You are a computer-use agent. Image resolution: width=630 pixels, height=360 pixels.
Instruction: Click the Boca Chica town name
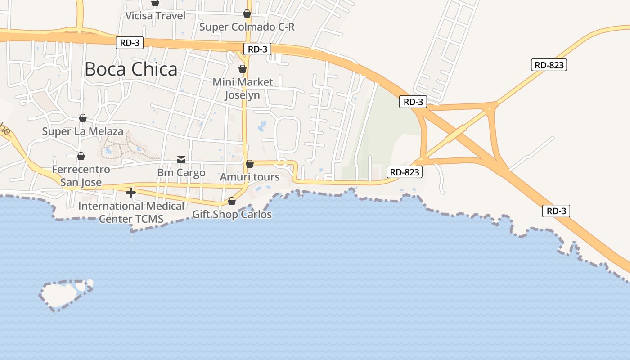pyautogui.click(x=131, y=69)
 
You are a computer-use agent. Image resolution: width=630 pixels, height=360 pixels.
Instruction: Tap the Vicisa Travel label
pyautogui.click(x=155, y=16)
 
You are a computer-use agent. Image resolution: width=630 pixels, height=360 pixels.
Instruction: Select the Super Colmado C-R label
pyautogui.click(x=247, y=27)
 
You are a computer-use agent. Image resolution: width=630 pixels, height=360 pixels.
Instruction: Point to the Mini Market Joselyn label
pyautogui.click(x=243, y=89)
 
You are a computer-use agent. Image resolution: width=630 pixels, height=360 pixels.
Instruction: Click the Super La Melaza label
pyautogui.click(x=82, y=131)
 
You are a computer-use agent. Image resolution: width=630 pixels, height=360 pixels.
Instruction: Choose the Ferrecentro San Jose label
pyautogui.click(x=81, y=176)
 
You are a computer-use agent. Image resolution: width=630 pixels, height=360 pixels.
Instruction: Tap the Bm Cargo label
pyautogui.click(x=181, y=173)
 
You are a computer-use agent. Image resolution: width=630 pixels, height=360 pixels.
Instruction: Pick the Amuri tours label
pyautogui.click(x=250, y=177)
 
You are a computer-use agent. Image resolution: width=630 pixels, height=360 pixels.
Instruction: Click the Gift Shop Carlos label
pyautogui.click(x=232, y=214)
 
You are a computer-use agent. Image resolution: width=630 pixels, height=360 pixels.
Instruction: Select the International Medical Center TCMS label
pyautogui.click(x=131, y=212)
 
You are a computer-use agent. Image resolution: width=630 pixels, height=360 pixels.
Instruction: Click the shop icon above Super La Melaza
pyautogui.click(x=83, y=118)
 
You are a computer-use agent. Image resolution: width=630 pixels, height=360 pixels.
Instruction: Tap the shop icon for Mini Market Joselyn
pyautogui.click(x=243, y=69)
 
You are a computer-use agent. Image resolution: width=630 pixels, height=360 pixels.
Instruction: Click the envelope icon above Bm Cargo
pyautogui.click(x=181, y=159)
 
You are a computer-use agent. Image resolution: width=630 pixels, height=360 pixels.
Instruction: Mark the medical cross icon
pyautogui.click(x=131, y=193)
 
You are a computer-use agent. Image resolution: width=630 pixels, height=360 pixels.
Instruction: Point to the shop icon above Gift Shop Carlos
pyautogui.click(x=232, y=201)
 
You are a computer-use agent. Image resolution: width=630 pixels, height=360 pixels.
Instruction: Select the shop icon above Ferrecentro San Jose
pyautogui.click(x=81, y=156)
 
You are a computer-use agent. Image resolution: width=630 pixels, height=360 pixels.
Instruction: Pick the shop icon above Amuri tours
pyautogui.click(x=250, y=164)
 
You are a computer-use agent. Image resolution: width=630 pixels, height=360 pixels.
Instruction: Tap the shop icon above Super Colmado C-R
pyautogui.click(x=247, y=13)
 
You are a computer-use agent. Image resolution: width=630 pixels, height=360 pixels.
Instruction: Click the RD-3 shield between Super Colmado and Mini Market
pyautogui.click(x=257, y=49)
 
